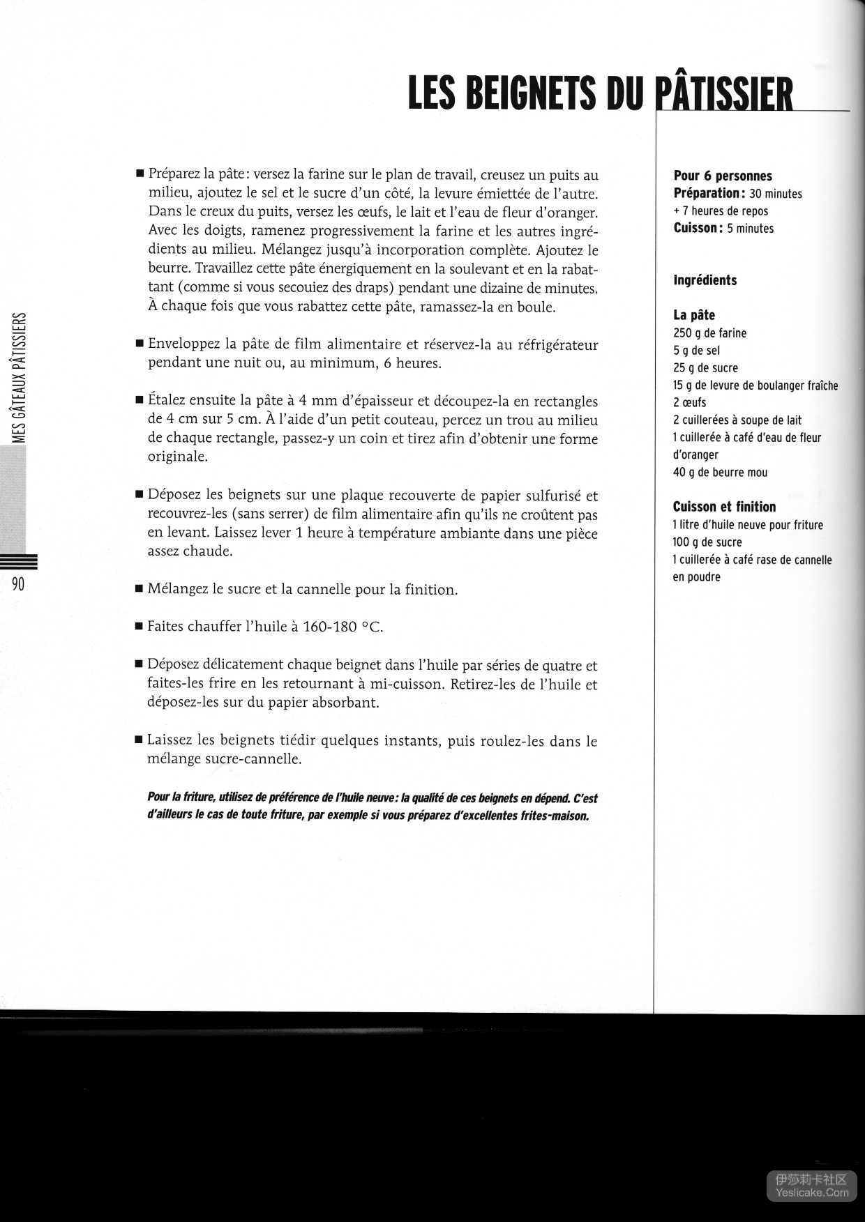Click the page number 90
(x=18, y=583)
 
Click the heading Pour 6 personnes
(x=723, y=176)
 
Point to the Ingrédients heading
(x=705, y=280)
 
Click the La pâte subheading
(x=694, y=315)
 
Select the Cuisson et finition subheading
(x=724, y=507)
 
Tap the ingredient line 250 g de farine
(x=709, y=333)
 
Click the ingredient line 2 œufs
(x=689, y=403)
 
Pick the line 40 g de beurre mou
(x=720, y=473)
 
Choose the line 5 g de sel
(x=696, y=351)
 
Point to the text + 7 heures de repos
(x=721, y=211)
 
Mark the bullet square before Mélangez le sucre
(x=139, y=590)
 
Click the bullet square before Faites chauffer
(x=139, y=627)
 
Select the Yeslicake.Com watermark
(x=812, y=1192)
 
